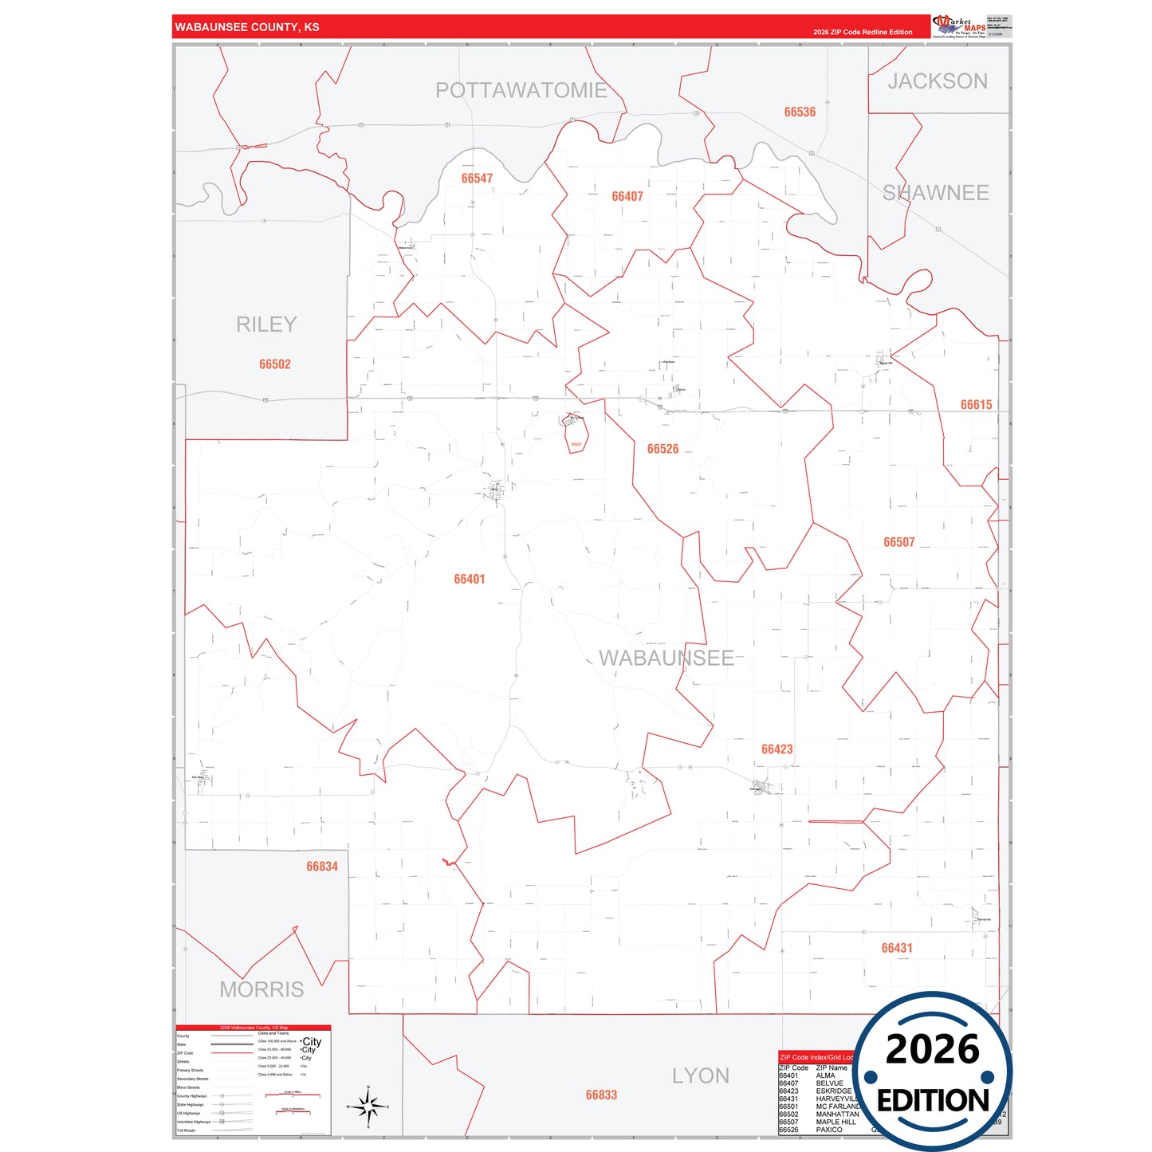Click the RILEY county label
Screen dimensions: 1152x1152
(266, 324)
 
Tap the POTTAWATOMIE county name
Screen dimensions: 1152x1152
(521, 91)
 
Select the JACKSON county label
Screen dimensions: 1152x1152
(938, 81)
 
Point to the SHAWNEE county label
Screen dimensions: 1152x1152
(935, 193)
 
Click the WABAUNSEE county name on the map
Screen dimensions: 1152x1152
(666, 659)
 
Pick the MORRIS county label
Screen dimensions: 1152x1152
(261, 989)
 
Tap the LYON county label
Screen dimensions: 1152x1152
(700, 1076)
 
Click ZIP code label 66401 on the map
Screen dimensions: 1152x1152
(470, 580)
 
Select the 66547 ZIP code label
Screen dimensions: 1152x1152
(477, 179)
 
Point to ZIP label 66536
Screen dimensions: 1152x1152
(800, 112)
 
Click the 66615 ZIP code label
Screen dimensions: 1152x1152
(976, 405)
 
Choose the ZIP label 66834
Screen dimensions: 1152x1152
(322, 867)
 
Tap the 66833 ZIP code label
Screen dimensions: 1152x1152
(601, 1095)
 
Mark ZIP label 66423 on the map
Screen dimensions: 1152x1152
(777, 749)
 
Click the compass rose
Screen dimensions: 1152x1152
(368, 1107)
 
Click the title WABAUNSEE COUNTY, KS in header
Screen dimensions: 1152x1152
(247, 27)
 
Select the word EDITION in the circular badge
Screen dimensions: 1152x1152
(933, 1101)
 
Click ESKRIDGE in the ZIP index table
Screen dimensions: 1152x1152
(834, 1091)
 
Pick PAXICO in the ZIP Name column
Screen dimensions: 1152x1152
(829, 1130)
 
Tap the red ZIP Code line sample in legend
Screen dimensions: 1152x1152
(232, 1053)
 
